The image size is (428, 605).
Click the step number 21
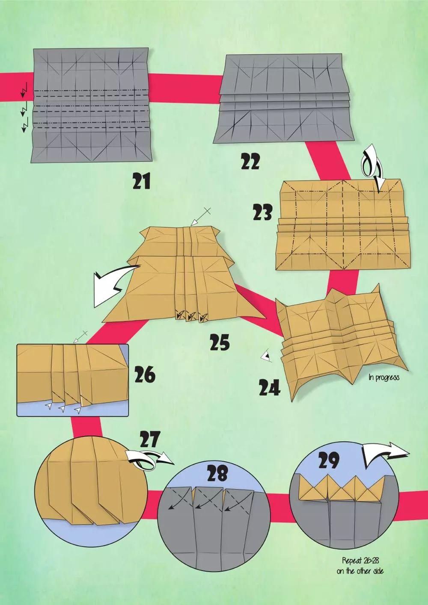[x=141, y=181]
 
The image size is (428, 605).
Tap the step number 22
[x=250, y=162]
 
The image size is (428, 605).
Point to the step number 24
[x=270, y=388]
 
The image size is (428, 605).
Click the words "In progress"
[x=384, y=377]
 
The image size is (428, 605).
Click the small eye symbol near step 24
[x=266, y=357]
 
